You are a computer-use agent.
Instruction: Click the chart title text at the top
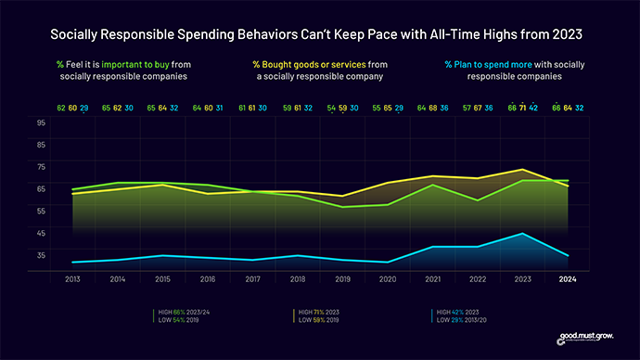tap(320, 34)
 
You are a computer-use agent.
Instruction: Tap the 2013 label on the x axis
tap(71, 278)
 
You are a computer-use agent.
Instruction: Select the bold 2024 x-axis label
tap(568, 278)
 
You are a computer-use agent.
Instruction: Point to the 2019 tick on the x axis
tap(342, 278)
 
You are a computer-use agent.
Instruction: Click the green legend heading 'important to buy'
tap(129, 64)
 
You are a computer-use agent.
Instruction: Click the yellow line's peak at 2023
tap(523, 170)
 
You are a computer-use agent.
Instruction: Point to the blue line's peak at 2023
tap(523, 234)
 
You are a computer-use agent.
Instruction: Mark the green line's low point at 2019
tap(342, 207)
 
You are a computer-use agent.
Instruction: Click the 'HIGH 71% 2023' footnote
tap(318, 312)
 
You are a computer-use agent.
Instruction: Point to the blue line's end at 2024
tap(568, 255)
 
